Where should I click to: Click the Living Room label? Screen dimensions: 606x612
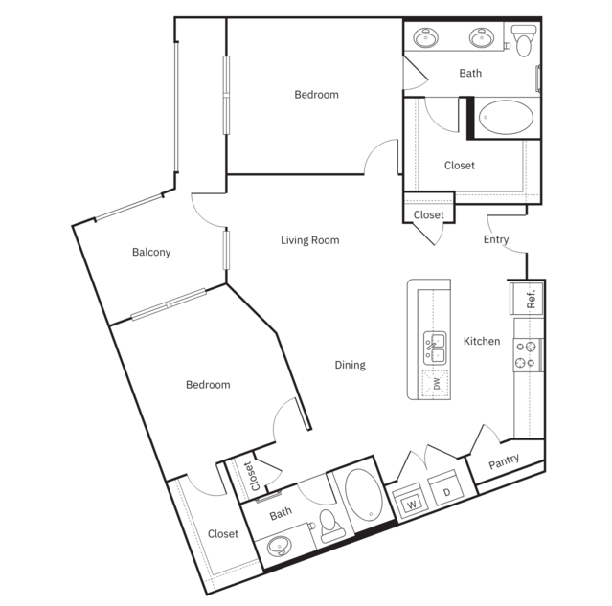pyautogui.click(x=309, y=240)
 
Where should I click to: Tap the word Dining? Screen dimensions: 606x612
pyautogui.click(x=350, y=365)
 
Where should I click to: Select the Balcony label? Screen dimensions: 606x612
pyautogui.click(x=151, y=253)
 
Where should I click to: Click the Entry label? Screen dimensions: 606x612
pyautogui.click(x=496, y=240)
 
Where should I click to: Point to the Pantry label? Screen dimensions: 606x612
pyautogui.click(x=504, y=461)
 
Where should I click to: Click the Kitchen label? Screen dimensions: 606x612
pyautogui.click(x=482, y=341)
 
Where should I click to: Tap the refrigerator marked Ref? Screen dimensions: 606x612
pyautogui.click(x=530, y=298)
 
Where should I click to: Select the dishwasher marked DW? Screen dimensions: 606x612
pyautogui.click(x=436, y=384)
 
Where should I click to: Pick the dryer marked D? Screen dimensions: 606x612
pyautogui.click(x=446, y=493)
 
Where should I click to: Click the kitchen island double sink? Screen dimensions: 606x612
pyautogui.click(x=437, y=348)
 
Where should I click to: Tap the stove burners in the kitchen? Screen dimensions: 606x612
pyautogui.click(x=526, y=354)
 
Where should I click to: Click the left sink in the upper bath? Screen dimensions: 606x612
pyautogui.click(x=424, y=39)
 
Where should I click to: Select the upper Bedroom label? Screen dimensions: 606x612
pyautogui.click(x=316, y=95)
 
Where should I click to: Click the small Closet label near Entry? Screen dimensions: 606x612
pyautogui.click(x=428, y=215)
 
